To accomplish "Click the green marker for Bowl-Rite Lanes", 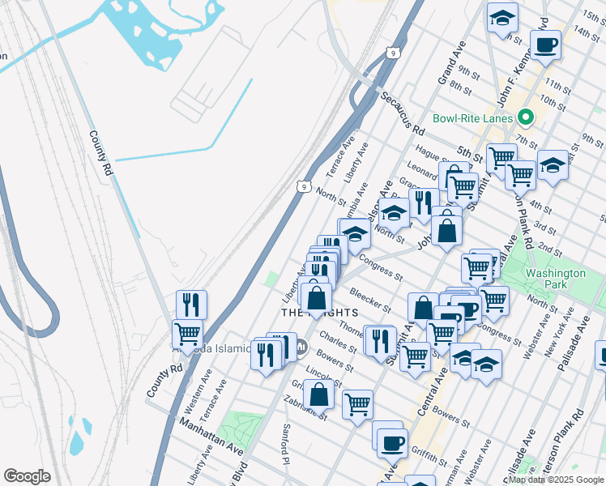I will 526,118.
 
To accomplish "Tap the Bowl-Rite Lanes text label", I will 472,118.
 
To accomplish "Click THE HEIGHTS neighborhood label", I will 319,313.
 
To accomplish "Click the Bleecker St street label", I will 369,299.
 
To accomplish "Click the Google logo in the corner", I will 27,476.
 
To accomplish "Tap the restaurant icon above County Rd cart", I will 191,304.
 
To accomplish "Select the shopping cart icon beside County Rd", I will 187,333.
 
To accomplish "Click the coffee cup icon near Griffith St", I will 393,441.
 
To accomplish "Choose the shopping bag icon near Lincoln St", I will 320,394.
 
